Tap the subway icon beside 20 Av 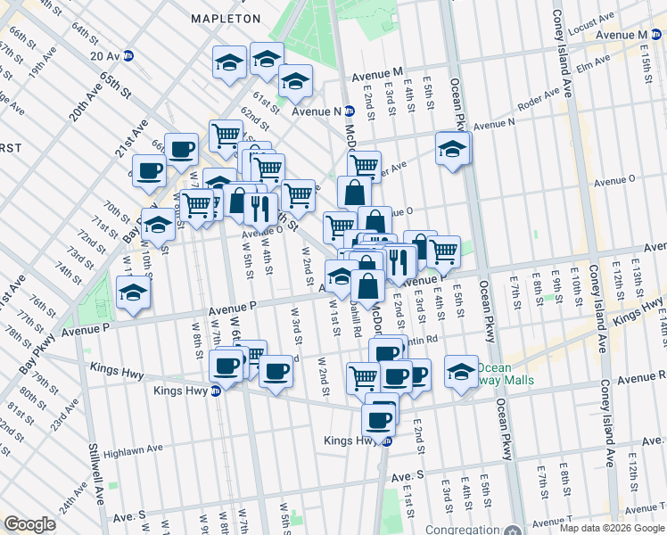pos(129,55)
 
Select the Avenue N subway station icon pos(350,111)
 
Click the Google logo pos(29,523)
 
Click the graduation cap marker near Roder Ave pos(453,147)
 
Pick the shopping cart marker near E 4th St pos(443,250)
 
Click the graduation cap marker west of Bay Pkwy pos(133,292)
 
